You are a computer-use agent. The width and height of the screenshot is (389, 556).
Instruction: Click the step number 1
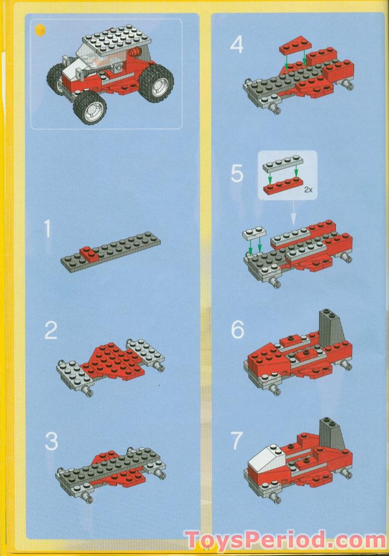pos(48,230)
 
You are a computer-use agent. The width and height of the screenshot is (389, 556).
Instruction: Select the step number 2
pos(51,331)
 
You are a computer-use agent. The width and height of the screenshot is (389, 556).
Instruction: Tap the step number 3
pos(51,441)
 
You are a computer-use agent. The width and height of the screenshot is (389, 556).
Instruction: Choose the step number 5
pos(237,174)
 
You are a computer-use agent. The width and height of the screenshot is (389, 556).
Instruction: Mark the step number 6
pos(237,330)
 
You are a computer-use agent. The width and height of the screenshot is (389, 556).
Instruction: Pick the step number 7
pos(237,441)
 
